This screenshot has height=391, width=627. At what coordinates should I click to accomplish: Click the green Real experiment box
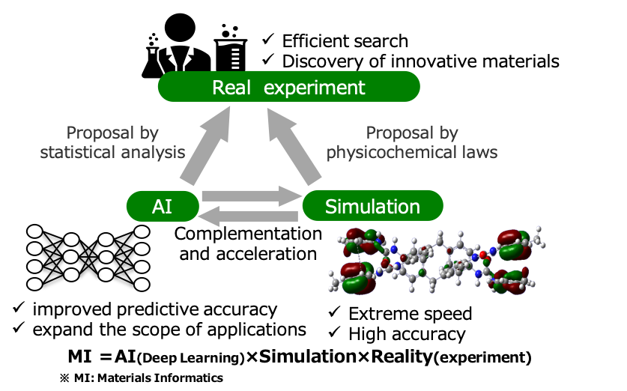click(288, 87)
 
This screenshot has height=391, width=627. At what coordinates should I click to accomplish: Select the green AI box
click(163, 206)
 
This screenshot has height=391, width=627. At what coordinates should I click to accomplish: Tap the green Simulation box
click(372, 206)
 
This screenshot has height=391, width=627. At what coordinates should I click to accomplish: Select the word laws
click(480, 152)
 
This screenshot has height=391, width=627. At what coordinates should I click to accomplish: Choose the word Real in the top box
click(231, 88)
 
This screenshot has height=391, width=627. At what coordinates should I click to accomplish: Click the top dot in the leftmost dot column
click(34, 231)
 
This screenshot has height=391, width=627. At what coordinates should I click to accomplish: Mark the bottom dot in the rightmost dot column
click(142, 284)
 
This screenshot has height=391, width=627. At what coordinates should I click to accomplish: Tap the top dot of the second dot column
click(71, 240)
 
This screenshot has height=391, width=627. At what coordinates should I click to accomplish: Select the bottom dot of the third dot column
click(106, 275)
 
